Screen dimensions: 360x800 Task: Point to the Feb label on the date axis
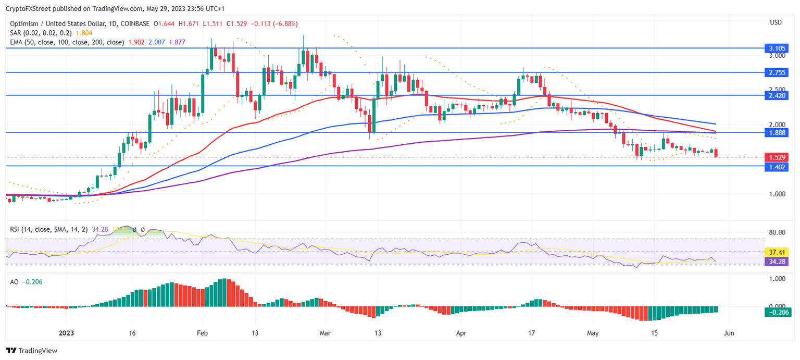tap(203, 333)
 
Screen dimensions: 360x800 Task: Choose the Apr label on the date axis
tap(461, 333)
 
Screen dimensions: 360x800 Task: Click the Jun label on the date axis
tap(729, 333)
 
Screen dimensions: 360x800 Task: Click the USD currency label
tap(776, 22)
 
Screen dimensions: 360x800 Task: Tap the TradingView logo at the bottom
tap(31, 351)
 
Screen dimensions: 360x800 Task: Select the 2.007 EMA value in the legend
tap(158, 42)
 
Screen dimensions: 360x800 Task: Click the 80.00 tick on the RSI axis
tap(777, 233)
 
